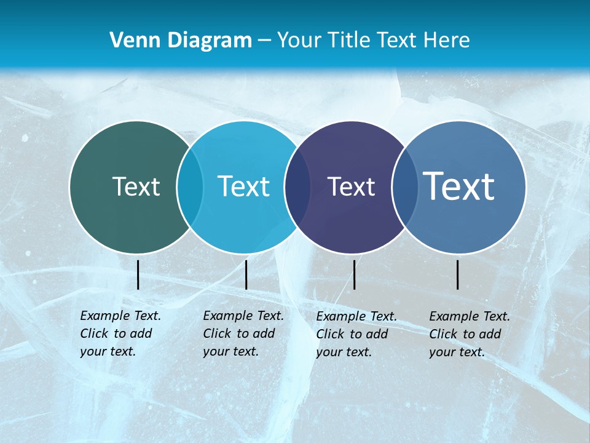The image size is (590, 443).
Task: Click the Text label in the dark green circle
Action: click(136, 186)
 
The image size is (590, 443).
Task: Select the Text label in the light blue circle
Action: click(243, 186)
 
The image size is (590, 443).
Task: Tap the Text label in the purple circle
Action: click(351, 187)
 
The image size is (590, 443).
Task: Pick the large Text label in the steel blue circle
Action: click(459, 186)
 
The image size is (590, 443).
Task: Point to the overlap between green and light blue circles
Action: click(190, 186)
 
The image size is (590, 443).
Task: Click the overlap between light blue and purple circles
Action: click(297, 188)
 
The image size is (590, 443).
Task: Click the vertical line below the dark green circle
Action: click(138, 274)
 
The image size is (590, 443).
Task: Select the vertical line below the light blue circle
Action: click(246, 274)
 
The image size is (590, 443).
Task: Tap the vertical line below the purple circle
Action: click(354, 274)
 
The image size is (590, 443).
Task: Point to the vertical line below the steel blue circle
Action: click(458, 274)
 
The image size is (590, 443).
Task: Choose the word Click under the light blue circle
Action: click(217, 333)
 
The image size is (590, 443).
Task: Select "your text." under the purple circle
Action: click(344, 352)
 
